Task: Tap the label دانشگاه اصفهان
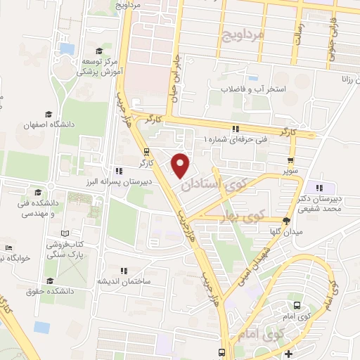pyautogui.click(x=49, y=124)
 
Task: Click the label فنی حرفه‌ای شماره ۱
pyautogui.click(x=236, y=140)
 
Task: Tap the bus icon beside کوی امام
pyautogui.click(x=296, y=306)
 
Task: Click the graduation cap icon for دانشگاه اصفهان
pyautogui.click(x=49, y=114)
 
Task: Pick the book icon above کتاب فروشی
pyautogui.click(x=65, y=233)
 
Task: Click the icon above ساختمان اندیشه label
pyautogui.click(x=124, y=270)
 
